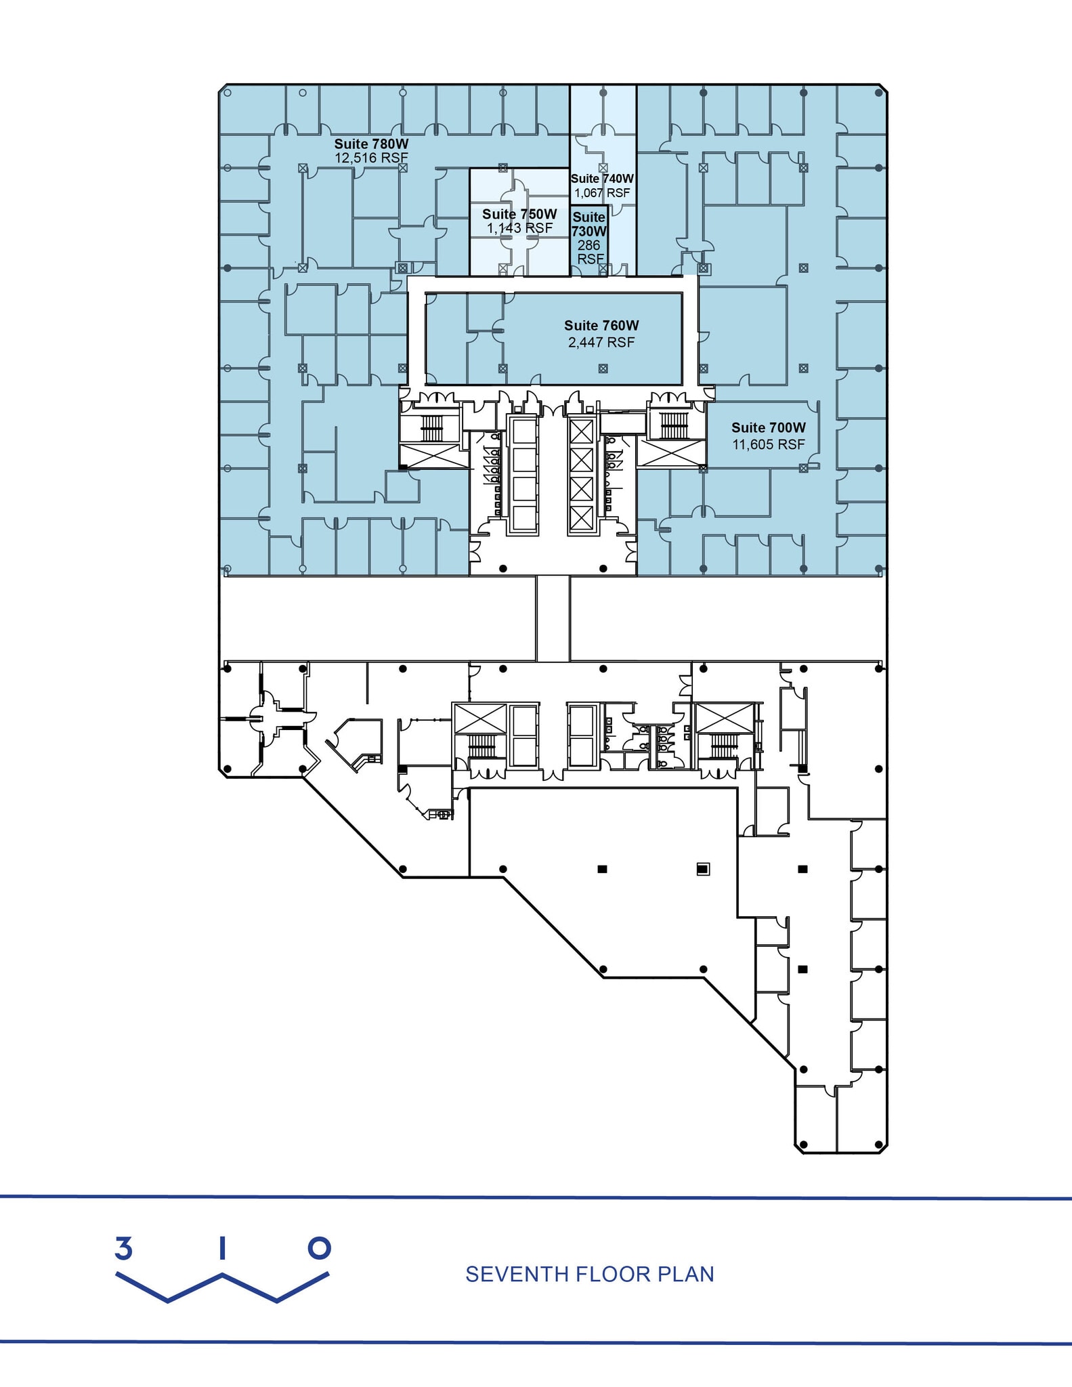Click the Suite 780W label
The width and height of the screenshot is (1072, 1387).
[x=371, y=144]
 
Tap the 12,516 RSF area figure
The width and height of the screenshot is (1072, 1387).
[x=371, y=158]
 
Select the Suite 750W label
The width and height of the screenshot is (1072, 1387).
[x=519, y=214]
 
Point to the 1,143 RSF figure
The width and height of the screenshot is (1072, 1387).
[x=519, y=228]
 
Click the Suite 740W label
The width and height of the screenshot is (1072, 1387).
[x=602, y=179]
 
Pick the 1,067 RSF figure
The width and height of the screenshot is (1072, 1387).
[x=602, y=193]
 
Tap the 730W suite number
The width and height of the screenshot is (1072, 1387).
[x=589, y=231]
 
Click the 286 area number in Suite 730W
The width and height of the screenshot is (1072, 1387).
[x=589, y=245]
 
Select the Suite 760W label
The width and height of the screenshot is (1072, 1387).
[x=601, y=326]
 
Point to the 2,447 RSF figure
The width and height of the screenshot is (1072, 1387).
[x=601, y=343]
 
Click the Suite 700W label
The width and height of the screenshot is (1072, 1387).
[x=769, y=427]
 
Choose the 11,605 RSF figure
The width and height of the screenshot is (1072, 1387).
[x=769, y=444]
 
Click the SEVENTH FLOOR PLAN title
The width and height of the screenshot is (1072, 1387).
[x=589, y=1274]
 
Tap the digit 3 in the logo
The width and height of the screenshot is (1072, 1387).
[x=123, y=1248]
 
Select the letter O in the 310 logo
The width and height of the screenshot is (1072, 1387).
[x=319, y=1248]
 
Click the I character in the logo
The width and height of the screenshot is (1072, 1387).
[x=222, y=1248]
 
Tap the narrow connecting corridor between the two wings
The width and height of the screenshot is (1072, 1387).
[x=553, y=618]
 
